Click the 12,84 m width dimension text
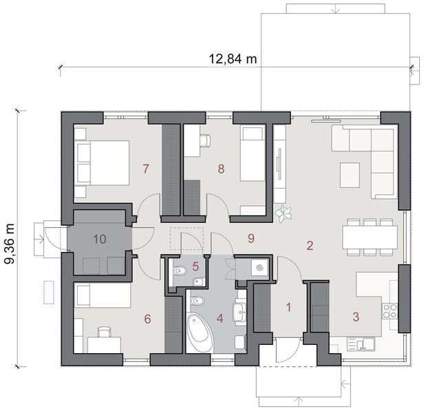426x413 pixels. coord(233,59)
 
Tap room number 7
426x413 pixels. coord(145,168)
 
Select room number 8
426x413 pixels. coord(221,168)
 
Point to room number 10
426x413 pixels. coord(100,239)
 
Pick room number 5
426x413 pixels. coord(195,266)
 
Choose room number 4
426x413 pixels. coord(220,318)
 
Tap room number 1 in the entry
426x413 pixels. coord(289,307)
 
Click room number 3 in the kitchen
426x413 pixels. coord(355,317)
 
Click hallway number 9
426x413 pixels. coord(251,238)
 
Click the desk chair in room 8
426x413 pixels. coord(205,140)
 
